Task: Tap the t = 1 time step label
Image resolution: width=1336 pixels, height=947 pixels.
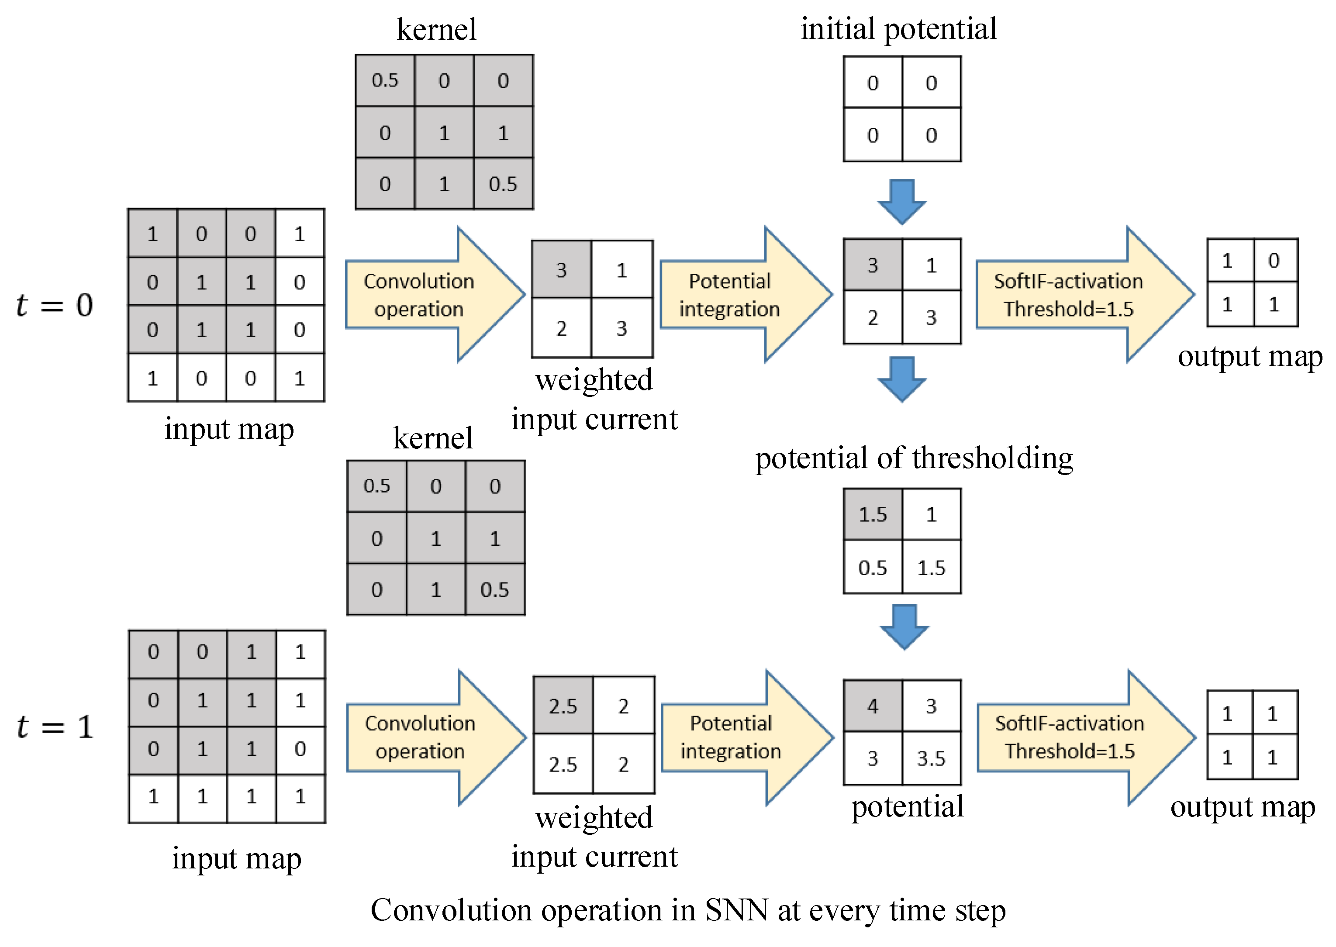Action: (x=54, y=727)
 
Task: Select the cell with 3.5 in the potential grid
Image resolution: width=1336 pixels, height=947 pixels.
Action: (x=931, y=758)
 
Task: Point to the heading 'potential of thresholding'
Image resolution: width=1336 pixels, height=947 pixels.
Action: (x=914, y=458)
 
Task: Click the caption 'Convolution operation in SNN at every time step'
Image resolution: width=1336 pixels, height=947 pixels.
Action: (x=688, y=910)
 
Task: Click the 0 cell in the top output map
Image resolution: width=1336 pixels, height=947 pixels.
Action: (x=1274, y=260)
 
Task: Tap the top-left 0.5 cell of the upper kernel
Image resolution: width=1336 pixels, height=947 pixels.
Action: (x=385, y=80)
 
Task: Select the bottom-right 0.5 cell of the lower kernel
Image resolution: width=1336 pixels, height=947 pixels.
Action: (x=494, y=589)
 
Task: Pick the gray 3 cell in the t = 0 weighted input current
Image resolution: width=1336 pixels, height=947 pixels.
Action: (x=561, y=269)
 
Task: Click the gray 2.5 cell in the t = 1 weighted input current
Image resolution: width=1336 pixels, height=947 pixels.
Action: (x=563, y=706)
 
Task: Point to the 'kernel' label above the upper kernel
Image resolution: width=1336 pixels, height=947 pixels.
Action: (x=436, y=30)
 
